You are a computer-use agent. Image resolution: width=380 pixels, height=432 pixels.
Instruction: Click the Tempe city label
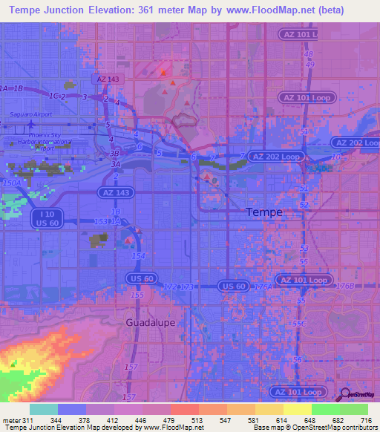pyautogui.click(x=263, y=212)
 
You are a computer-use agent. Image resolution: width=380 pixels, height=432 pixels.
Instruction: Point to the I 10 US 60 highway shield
pyautogui.click(x=46, y=217)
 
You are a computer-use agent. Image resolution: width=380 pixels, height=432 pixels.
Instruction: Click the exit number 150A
pyautogui.click(x=12, y=183)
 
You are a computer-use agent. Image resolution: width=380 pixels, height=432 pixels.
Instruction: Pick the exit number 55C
pyautogui.click(x=299, y=324)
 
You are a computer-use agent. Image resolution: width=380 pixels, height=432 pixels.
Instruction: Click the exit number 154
pyautogui.click(x=138, y=255)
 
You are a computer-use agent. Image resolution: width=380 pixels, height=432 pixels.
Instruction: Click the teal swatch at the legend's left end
pyautogui.click(x=43, y=409)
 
